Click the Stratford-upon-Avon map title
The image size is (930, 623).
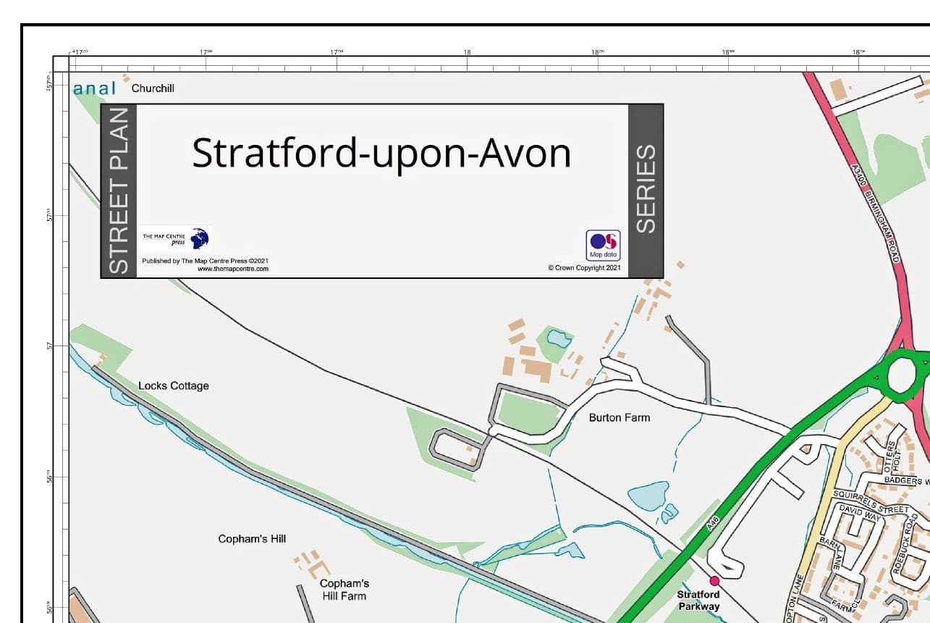point(381,154)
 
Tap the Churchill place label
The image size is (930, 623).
point(153,88)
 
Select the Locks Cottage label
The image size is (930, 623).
point(174,385)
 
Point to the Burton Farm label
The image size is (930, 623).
point(619,417)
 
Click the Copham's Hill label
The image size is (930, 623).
point(252,538)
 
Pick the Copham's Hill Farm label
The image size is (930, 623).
point(344,590)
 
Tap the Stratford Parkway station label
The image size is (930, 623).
point(698,601)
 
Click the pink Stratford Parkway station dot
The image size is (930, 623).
point(714,580)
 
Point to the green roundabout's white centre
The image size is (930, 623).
point(902,375)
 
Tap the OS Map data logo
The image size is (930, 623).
point(603,245)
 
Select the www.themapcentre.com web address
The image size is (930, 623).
point(233,269)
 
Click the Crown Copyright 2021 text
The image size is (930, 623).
point(584,267)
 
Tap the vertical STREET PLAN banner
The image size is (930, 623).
point(119,191)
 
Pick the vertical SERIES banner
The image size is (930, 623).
point(645,190)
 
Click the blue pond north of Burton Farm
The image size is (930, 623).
point(558,338)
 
